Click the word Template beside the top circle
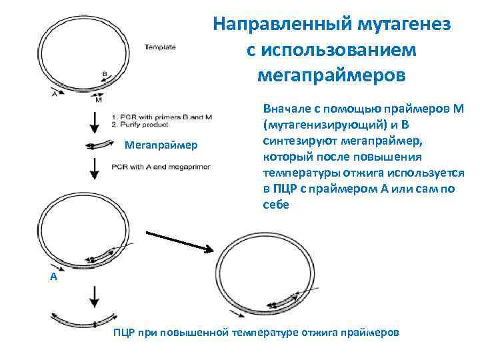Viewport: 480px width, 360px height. click(161, 47)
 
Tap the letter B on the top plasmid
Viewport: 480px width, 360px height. click(105, 74)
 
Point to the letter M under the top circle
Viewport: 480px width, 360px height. click(98, 100)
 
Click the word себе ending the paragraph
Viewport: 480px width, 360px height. click(276, 205)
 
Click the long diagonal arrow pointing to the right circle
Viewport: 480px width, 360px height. click(179, 240)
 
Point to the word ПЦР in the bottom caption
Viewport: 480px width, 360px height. click(124, 331)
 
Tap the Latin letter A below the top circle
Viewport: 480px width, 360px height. click(54, 93)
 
